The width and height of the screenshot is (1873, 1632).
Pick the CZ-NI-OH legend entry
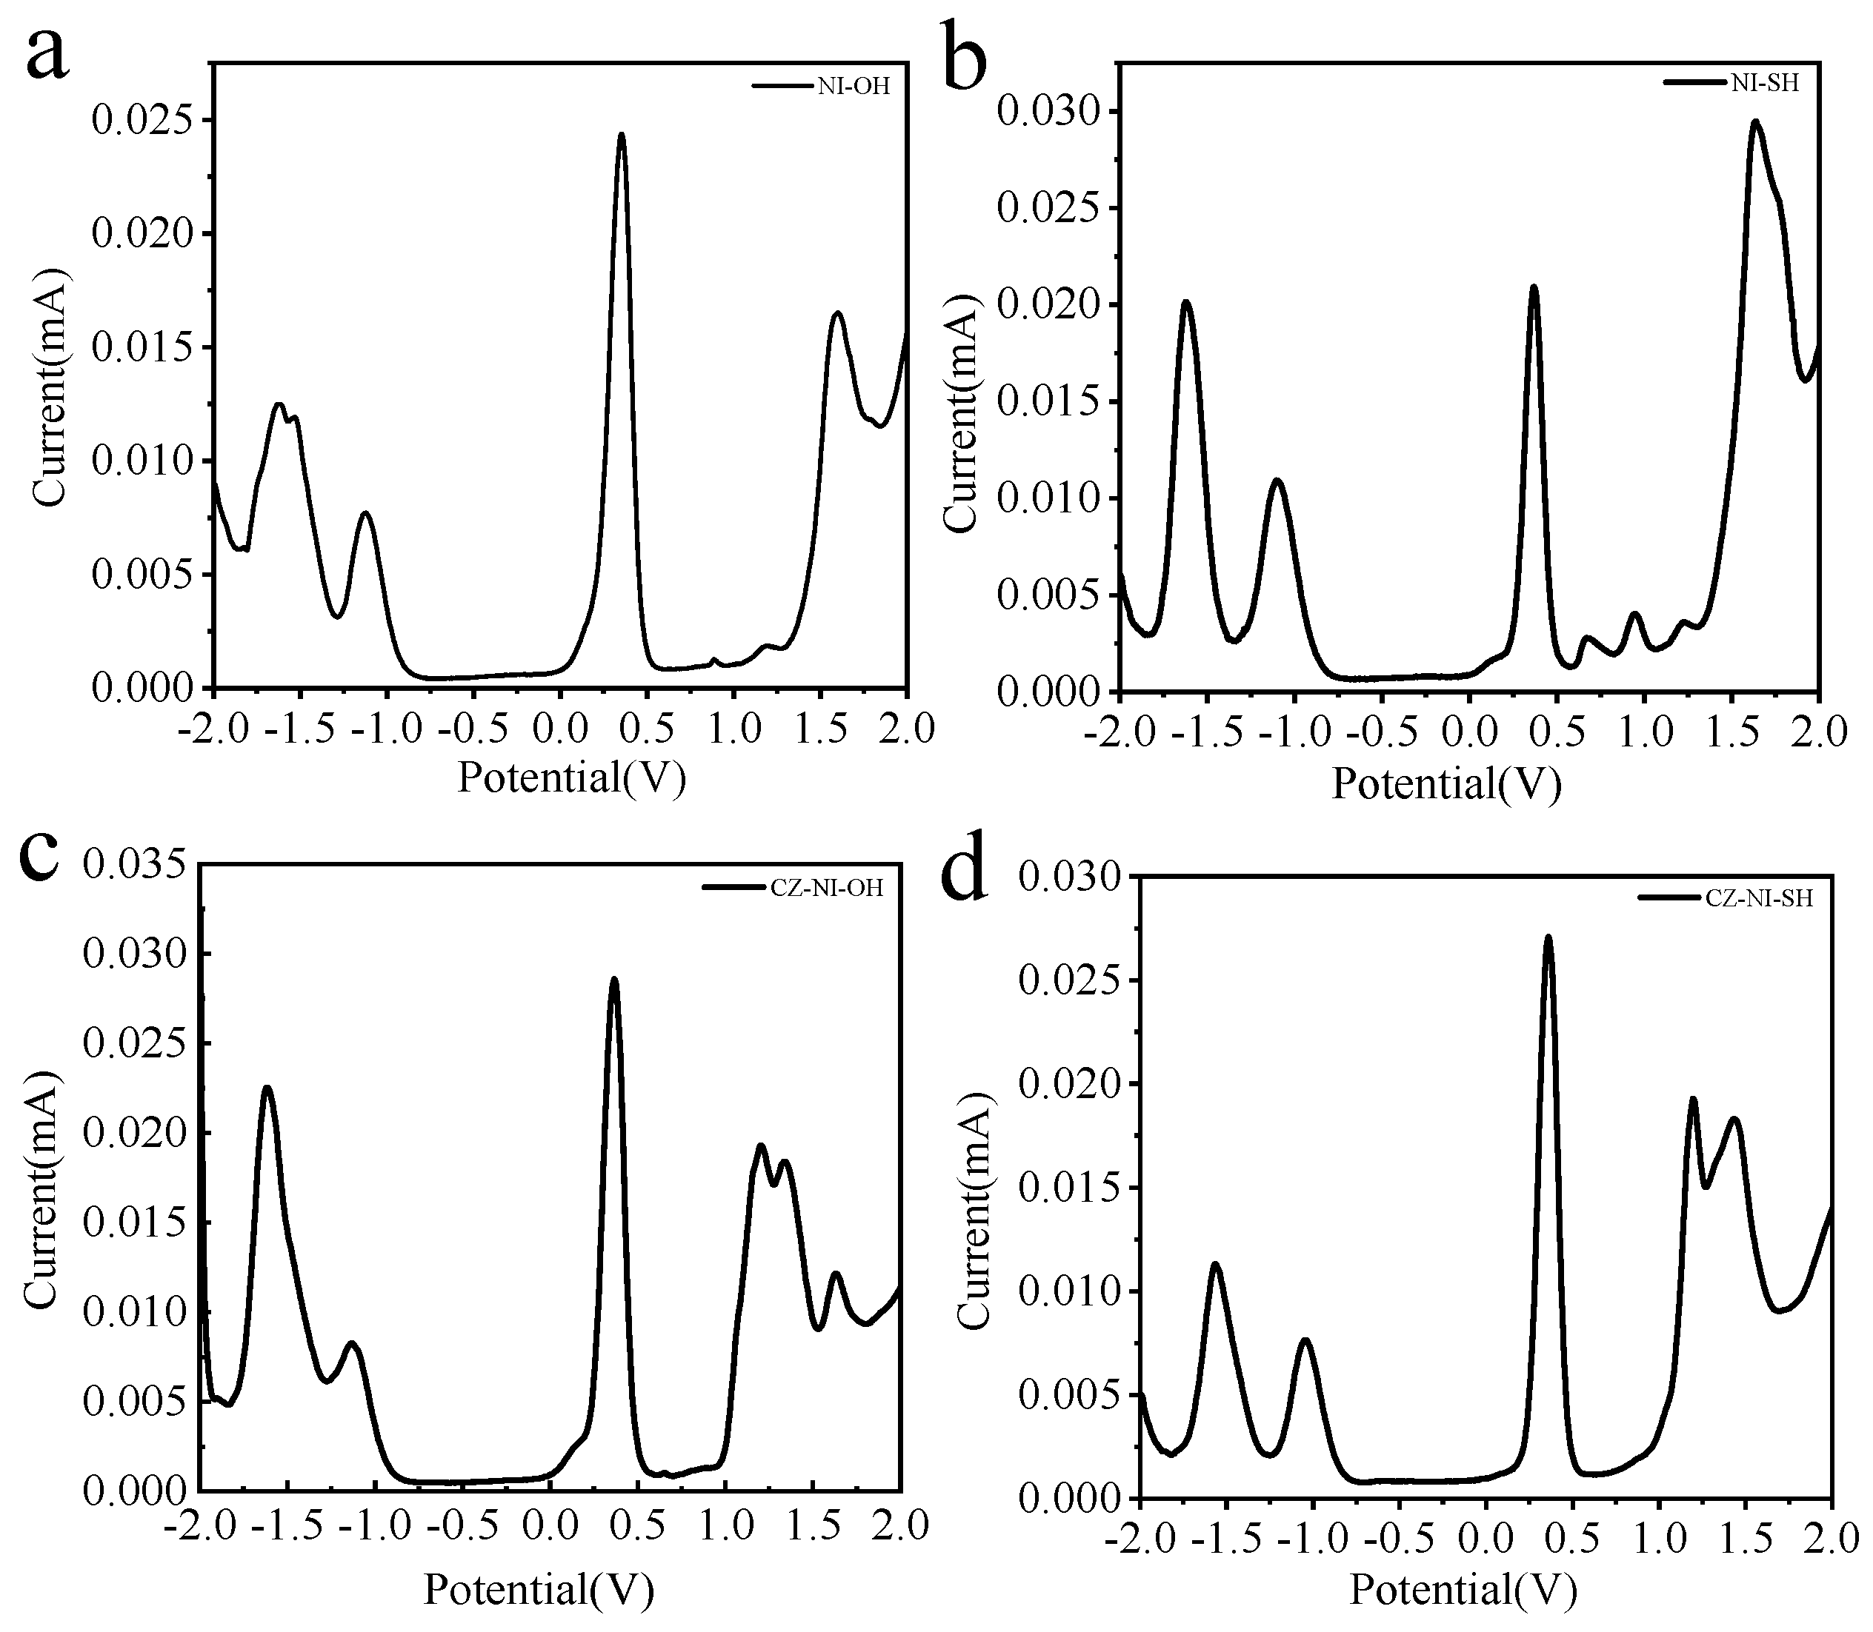click(794, 888)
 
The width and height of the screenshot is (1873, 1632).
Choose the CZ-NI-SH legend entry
click(1713, 899)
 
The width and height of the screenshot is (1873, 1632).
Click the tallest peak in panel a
click(622, 136)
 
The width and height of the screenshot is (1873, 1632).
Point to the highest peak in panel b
click(1754, 122)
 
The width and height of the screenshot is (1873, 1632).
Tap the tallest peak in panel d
click(1548, 937)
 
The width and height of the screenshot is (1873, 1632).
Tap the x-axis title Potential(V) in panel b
click(1447, 783)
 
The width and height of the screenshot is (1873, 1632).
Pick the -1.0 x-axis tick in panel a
click(381, 729)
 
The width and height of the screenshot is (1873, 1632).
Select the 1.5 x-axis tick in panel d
click(1745, 1539)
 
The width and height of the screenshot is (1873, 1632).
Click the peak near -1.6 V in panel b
click(1186, 302)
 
